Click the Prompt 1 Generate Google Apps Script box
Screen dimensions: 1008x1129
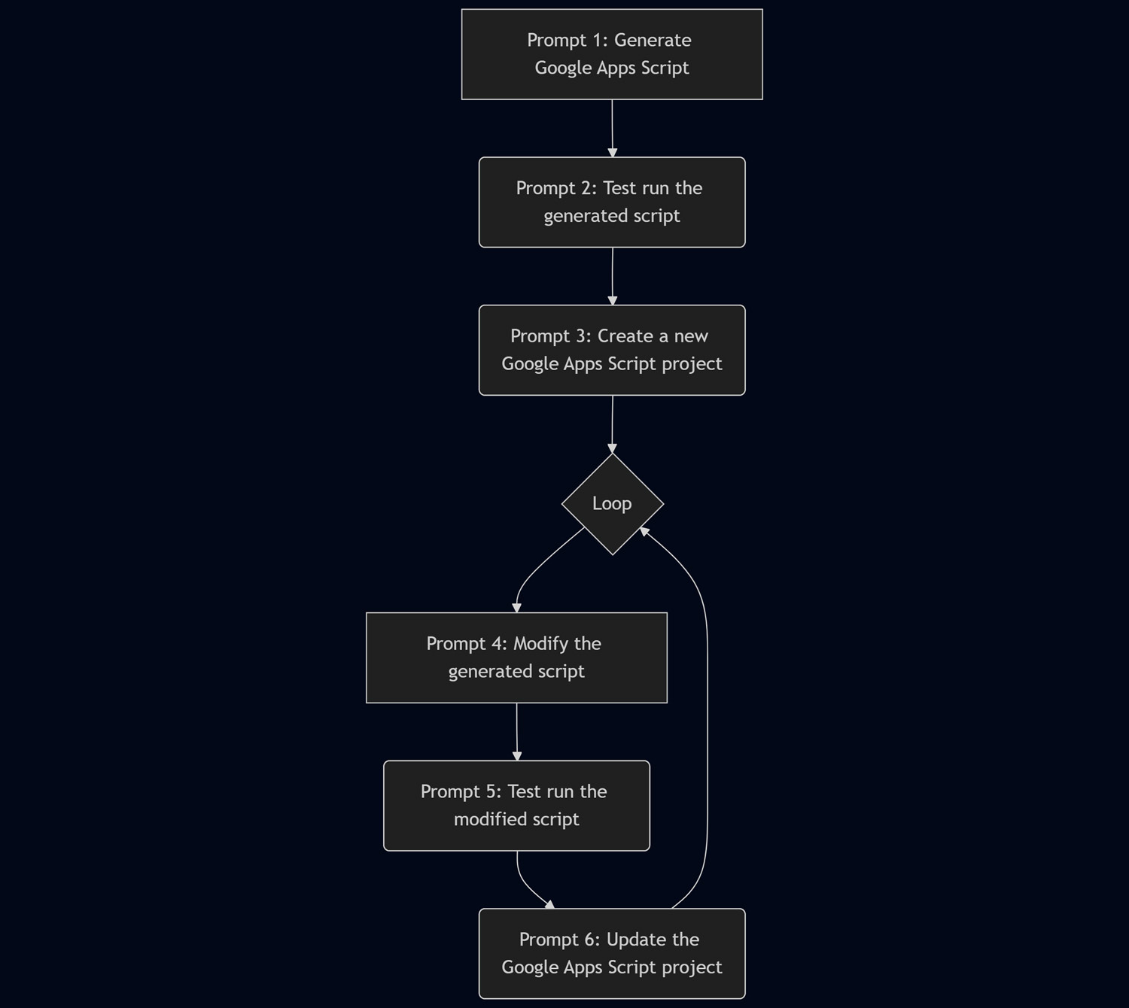pos(612,54)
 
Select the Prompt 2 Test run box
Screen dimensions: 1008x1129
pos(612,202)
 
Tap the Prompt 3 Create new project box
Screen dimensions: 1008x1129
pos(612,351)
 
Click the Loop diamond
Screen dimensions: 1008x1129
pos(612,504)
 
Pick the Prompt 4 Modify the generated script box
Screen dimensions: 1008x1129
pos(516,658)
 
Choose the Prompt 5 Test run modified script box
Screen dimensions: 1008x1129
pos(516,806)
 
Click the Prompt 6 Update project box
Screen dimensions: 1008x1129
pos(612,954)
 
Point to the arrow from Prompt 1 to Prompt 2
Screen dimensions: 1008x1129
pos(612,128)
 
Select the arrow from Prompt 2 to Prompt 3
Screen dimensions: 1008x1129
pos(612,276)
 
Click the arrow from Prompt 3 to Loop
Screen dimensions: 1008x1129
pos(612,424)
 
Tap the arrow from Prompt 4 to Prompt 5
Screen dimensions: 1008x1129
pos(516,731)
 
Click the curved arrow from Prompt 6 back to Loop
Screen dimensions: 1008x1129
pos(707,715)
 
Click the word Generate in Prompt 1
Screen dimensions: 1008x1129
pos(653,41)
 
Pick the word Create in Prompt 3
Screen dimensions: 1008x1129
pos(625,336)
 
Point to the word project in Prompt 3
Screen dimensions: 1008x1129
pos(692,364)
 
